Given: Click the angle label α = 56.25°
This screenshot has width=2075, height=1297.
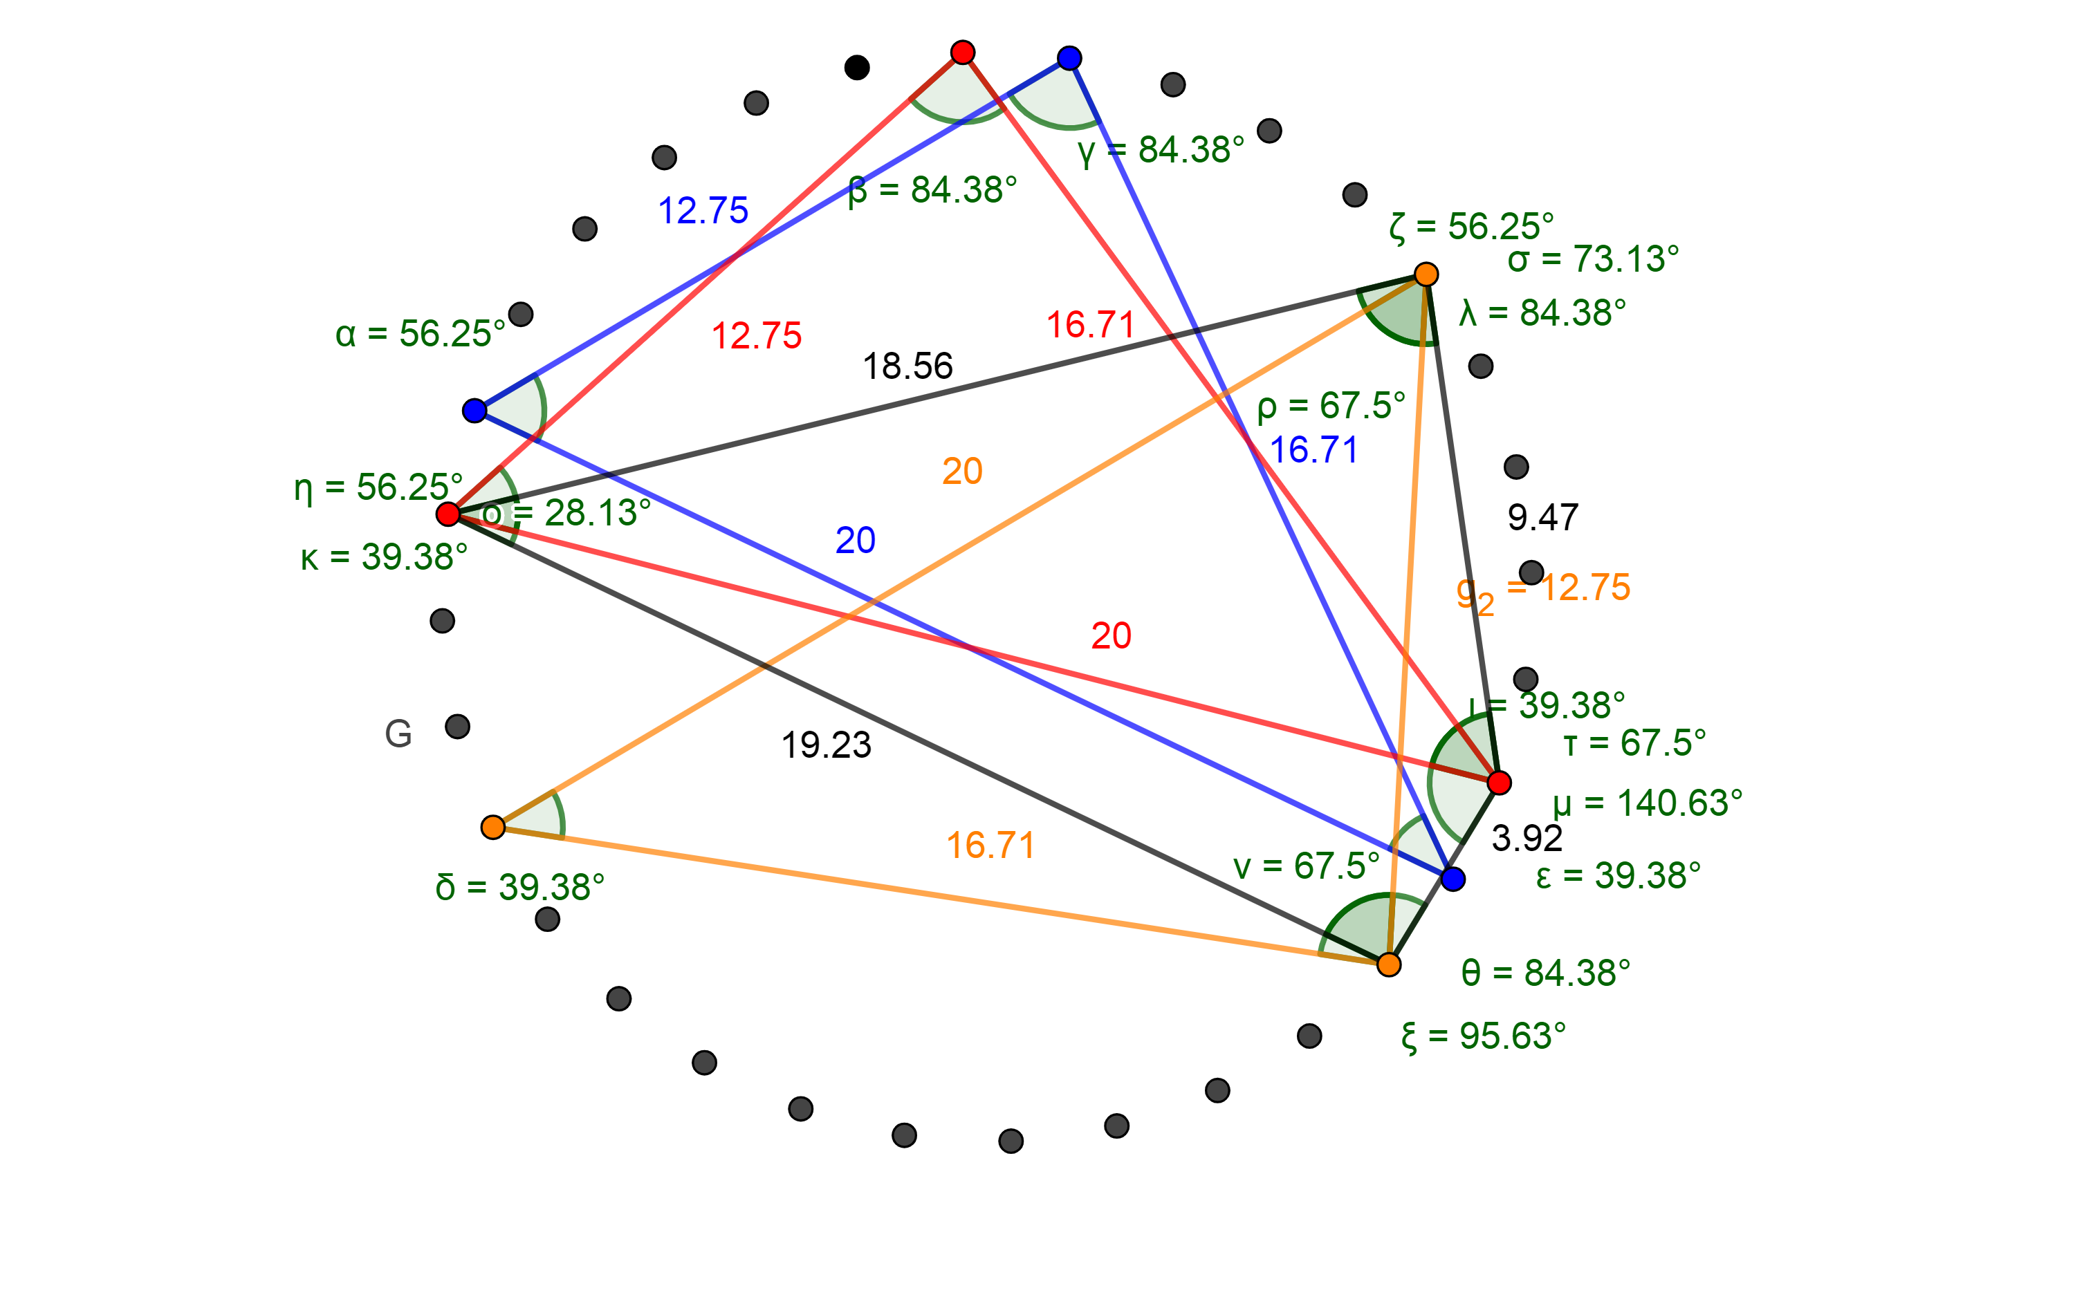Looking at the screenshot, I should (420, 334).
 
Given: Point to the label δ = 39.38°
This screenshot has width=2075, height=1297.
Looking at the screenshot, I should (519, 887).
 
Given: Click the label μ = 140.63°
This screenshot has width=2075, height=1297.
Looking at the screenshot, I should (1647, 803).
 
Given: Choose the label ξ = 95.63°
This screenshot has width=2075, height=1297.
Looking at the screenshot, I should (1483, 1036).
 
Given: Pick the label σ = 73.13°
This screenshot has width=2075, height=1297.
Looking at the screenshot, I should (1593, 258).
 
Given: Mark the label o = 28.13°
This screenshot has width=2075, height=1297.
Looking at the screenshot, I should (566, 513).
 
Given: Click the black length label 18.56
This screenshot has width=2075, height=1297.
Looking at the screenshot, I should (907, 366).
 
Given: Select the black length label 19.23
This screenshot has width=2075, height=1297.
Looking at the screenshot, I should (826, 745).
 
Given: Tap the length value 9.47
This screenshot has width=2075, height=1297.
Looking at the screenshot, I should (1542, 517).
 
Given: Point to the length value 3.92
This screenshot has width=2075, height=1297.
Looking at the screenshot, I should (1527, 838).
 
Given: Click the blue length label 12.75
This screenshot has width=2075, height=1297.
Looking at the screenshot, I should (703, 210).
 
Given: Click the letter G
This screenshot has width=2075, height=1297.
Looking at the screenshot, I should (398, 734).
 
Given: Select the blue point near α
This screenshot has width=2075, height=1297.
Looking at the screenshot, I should (474, 411).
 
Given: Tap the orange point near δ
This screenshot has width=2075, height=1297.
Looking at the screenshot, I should (492, 827).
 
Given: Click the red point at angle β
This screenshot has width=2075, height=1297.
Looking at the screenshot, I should (963, 53).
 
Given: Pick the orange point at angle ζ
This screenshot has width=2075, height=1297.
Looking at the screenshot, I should (1426, 274).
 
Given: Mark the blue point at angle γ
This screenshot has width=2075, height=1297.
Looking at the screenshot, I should (1069, 58).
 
